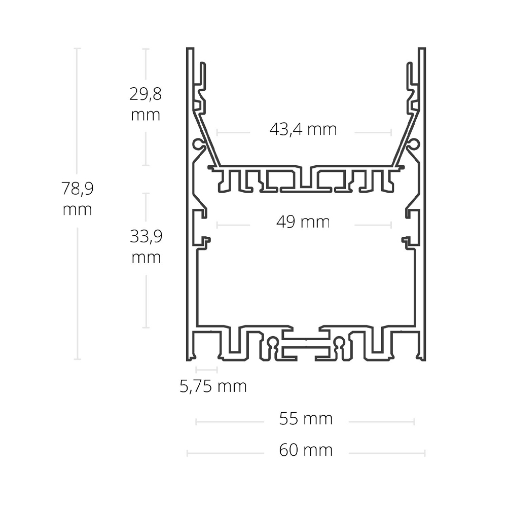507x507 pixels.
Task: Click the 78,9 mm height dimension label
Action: tap(77, 199)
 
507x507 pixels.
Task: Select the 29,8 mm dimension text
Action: tap(146, 104)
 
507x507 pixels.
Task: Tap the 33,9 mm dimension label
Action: tap(146, 246)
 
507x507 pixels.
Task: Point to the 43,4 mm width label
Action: tap(303, 129)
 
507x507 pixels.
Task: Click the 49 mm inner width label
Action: tap(303, 222)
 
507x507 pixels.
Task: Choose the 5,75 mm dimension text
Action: tap(213, 386)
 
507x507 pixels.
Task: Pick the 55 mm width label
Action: tap(306, 419)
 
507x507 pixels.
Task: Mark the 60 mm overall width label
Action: tap(306, 450)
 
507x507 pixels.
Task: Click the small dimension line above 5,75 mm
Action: tap(207, 369)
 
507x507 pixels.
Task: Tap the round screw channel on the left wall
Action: tap(198, 144)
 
